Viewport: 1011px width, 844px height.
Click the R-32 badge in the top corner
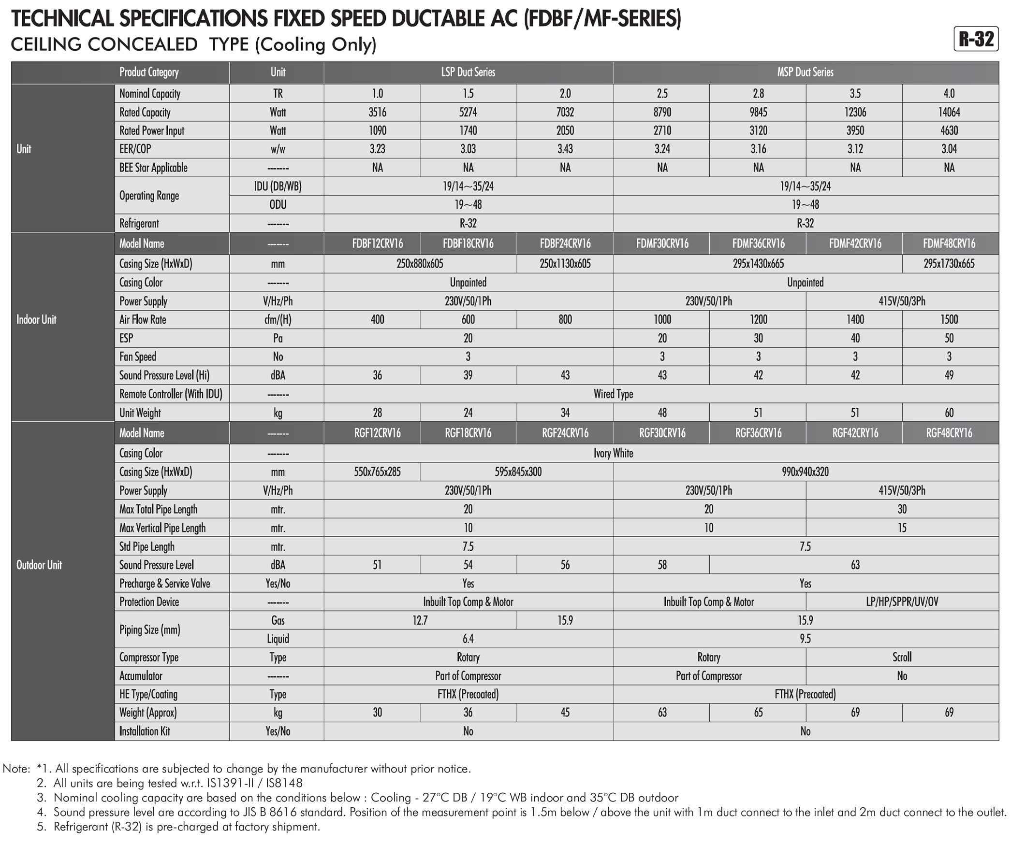(x=976, y=39)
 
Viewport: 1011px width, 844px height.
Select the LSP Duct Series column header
(x=468, y=72)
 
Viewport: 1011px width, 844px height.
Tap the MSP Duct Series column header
(x=805, y=72)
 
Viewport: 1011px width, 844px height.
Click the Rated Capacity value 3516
(x=377, y=112)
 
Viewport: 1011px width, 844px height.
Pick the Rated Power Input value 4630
(x=949, y=130)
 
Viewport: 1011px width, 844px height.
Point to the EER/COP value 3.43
(x=565, y=149)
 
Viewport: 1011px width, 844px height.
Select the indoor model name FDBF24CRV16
(x=565, y=243)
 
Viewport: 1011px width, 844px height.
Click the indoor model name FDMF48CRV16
(x=949, y=243)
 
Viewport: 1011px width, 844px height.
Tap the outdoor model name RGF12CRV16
(x=377, y=433)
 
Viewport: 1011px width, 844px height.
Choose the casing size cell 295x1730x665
(x=949, y=264)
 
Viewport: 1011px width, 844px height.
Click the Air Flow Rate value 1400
(x=855, y=319)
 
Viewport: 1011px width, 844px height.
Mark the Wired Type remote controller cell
(x=613, y=394)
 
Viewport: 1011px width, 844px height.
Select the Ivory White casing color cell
(x=613, y=453)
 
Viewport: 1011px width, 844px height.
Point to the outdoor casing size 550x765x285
(x=377, y=472)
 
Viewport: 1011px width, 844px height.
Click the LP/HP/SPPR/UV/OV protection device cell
(x=902, y=602)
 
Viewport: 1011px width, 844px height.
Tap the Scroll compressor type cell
(x=902, y=657)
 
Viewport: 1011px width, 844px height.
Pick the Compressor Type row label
(x=149, y=658)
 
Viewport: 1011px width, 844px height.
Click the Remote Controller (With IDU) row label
(x=171, y=394)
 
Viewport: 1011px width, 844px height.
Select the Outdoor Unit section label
(x=39, y=565)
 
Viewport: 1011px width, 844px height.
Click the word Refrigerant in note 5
(x=81, y=827)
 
